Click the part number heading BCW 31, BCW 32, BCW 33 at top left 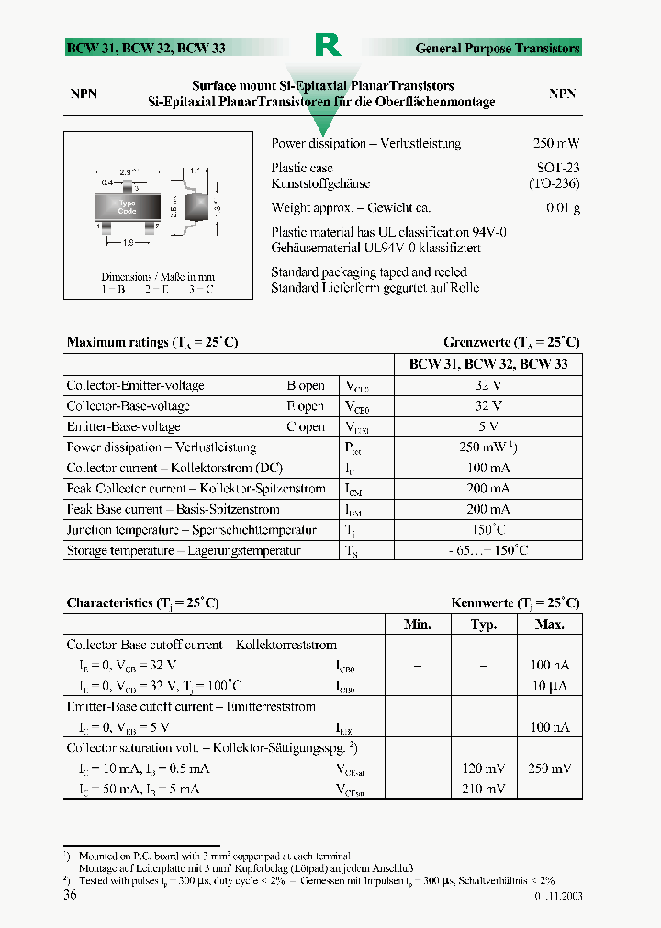pyautogui.click(x=145, y=48)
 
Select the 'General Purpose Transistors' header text pyautogui.click(x=498, y=48)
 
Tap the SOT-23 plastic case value pyautogui.click(x=558, y=168)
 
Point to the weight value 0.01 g pyautogui.click(x=563, y=208)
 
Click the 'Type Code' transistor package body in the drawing pyautogui.click(x=127, y=206)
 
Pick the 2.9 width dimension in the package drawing pyautogui.click(x=128, y=171)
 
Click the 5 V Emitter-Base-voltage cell pyautogui.click(x=487, y=426)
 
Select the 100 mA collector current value pyautogui.click(x=487, y=468)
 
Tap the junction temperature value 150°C pyautogui.click(x=487, y=530)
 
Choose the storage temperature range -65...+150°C pyautogui.click(x=487, y=550)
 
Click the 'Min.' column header pyautogui.click(x=418, y=624)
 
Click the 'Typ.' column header pyautogui.click(x=483, y=624)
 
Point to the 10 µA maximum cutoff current pyautogui.click(x=550, y=686)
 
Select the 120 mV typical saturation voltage pyautogui.click(x=483, y=768)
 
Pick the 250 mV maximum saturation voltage pyautogui.click(x=550, y=768)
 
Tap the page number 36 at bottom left pyautogui.click(x=70, y=895)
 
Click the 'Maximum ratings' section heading pyautogui.click(x=152, y=342)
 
